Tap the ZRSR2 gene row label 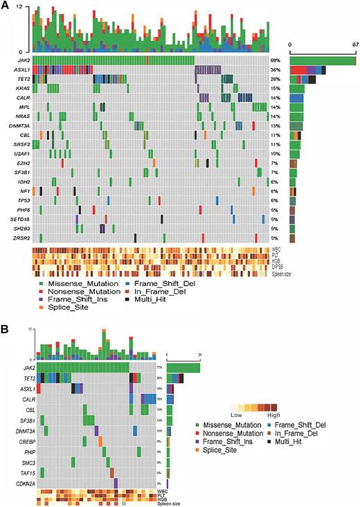17,238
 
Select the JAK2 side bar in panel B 183,367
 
